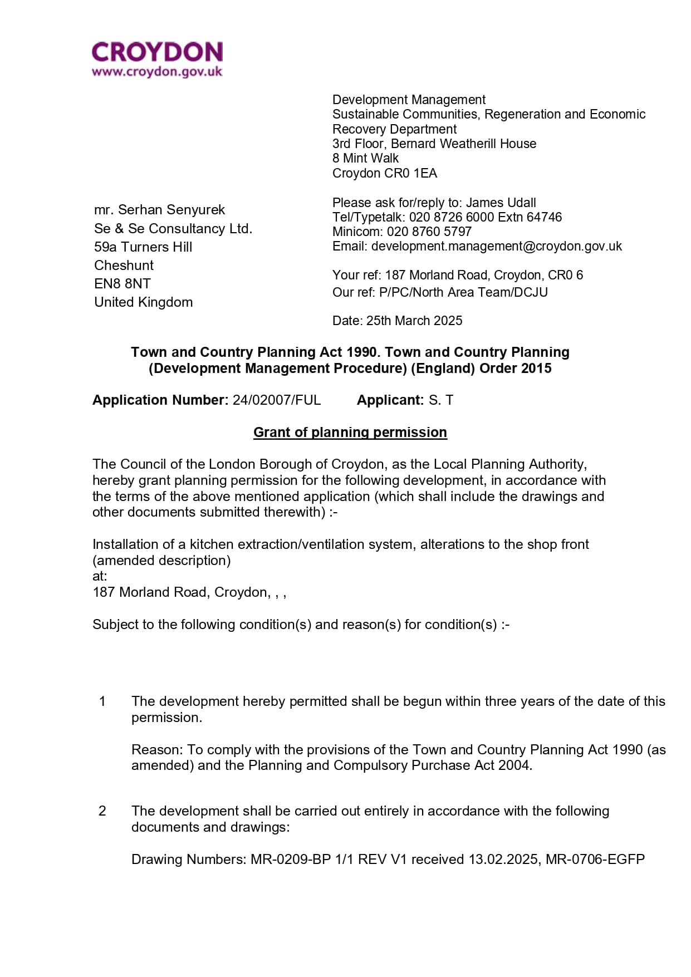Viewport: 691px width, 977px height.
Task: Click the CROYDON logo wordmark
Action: [x=157, y=52]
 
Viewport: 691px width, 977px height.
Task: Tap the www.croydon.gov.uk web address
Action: [x=157, y=72]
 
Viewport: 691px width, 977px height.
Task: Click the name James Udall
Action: [x=501, y=203]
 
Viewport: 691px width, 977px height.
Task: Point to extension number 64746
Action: [x=544, y=217]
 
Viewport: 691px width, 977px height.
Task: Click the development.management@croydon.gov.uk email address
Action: [x=496, y=246]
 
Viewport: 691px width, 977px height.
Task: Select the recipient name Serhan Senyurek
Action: [x=171, y=210]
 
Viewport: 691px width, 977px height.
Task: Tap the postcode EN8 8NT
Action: [x=122, y=284]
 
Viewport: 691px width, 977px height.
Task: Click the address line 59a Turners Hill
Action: [x=143, y=247]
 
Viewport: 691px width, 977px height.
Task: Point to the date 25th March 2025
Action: [x=414, y=321]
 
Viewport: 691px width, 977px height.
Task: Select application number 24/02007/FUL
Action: [x=277, y=400]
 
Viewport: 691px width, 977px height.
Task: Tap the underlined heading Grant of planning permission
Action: [x=350, y=433]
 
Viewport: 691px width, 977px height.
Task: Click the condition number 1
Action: [x=102, y=701]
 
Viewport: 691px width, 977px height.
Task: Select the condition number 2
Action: [x=102, y=811]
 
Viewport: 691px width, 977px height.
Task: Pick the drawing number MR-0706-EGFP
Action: [x=595, y=860]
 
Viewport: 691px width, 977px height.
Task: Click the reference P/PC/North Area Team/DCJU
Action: [x=463, y=292]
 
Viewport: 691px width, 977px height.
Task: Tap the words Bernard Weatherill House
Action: [x=463, y=144]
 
